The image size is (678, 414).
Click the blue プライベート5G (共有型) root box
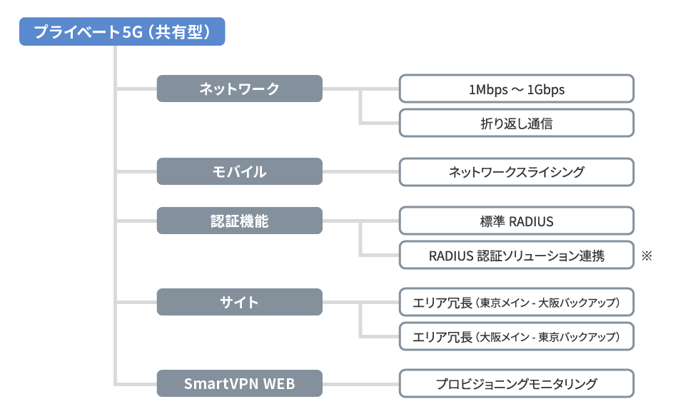coord(122,32)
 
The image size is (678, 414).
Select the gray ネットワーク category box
coord(240,89)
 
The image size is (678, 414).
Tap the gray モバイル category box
coord(240,171)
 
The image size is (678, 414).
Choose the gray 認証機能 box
coord(240,221)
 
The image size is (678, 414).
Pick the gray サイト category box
coord(240,302)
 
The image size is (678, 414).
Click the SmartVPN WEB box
coord(240,383)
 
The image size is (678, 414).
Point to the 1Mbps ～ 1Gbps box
coord(516,89)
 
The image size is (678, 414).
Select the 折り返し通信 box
coord(516,123)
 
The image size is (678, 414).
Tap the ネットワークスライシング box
coord(516,171)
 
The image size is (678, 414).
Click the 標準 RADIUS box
coord(516,221)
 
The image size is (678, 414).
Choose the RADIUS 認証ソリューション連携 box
coord(516,255)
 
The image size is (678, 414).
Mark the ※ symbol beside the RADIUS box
coord(647,255)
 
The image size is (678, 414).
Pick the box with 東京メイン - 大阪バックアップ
coord(516,303)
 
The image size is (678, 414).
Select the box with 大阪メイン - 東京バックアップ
coord(516,335)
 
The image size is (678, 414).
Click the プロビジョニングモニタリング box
coord(516,383)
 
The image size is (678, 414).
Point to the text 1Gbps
coord(546,90)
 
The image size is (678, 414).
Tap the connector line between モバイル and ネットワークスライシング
coord(360,171)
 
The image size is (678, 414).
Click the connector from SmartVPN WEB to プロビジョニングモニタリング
coord(360,383)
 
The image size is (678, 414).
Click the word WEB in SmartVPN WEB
coord(279,384)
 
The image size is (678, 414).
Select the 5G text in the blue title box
coord(133,32)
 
